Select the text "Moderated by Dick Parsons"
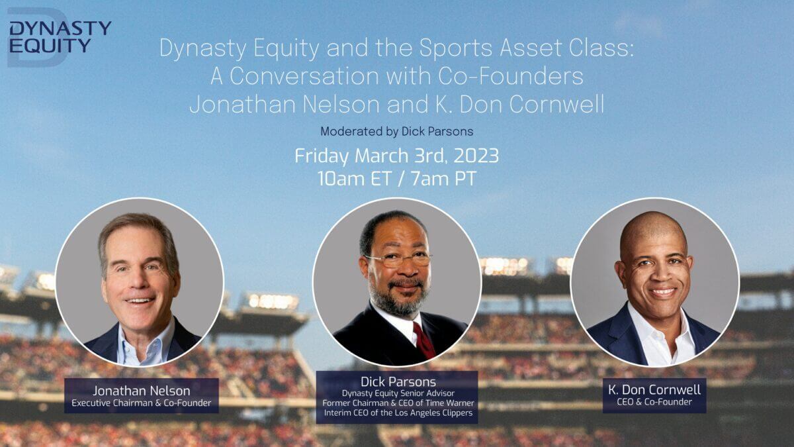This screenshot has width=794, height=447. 396,132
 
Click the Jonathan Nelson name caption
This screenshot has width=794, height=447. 142,391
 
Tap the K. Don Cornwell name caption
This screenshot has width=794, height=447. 654,389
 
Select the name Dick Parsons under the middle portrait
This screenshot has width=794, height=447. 398,381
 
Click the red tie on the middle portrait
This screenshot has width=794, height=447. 424,340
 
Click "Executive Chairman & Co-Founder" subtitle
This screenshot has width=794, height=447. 142,403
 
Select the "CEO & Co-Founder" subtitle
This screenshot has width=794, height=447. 654,402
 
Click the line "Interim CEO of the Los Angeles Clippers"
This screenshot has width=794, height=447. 398,413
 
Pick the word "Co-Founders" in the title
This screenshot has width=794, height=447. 510,76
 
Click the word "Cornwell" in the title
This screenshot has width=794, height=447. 556,105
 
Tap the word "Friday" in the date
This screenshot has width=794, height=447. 322,156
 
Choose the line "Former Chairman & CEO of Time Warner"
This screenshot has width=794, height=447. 398,403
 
